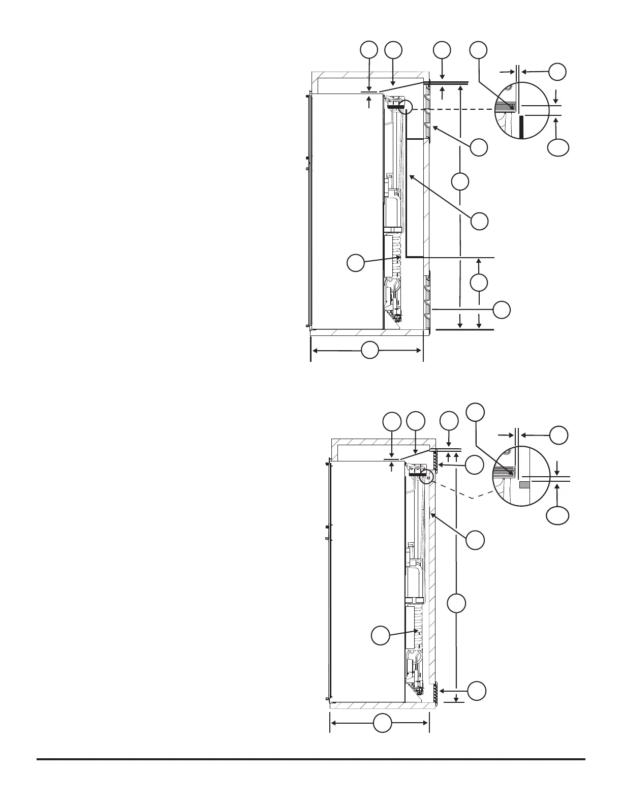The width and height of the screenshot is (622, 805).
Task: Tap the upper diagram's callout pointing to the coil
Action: (355, 263)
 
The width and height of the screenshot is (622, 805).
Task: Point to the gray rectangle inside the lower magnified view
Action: (524, 485)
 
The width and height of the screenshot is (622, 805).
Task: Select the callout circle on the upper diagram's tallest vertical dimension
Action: (460, 182)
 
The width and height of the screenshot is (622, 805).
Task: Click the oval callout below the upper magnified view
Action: (558, 148)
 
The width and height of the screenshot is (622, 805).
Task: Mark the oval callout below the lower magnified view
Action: (557, 516)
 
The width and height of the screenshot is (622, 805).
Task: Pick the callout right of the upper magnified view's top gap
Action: (557, 72)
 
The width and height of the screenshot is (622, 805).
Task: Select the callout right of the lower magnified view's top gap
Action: (558, 435)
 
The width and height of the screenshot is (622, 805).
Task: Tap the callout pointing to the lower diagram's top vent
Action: (475, 465)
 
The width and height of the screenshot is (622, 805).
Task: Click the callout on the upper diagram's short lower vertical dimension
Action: (479, 283)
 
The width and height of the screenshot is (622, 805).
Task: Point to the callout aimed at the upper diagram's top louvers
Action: (479, 148)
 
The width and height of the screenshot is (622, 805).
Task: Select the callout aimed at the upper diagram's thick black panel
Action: (479, 221)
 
